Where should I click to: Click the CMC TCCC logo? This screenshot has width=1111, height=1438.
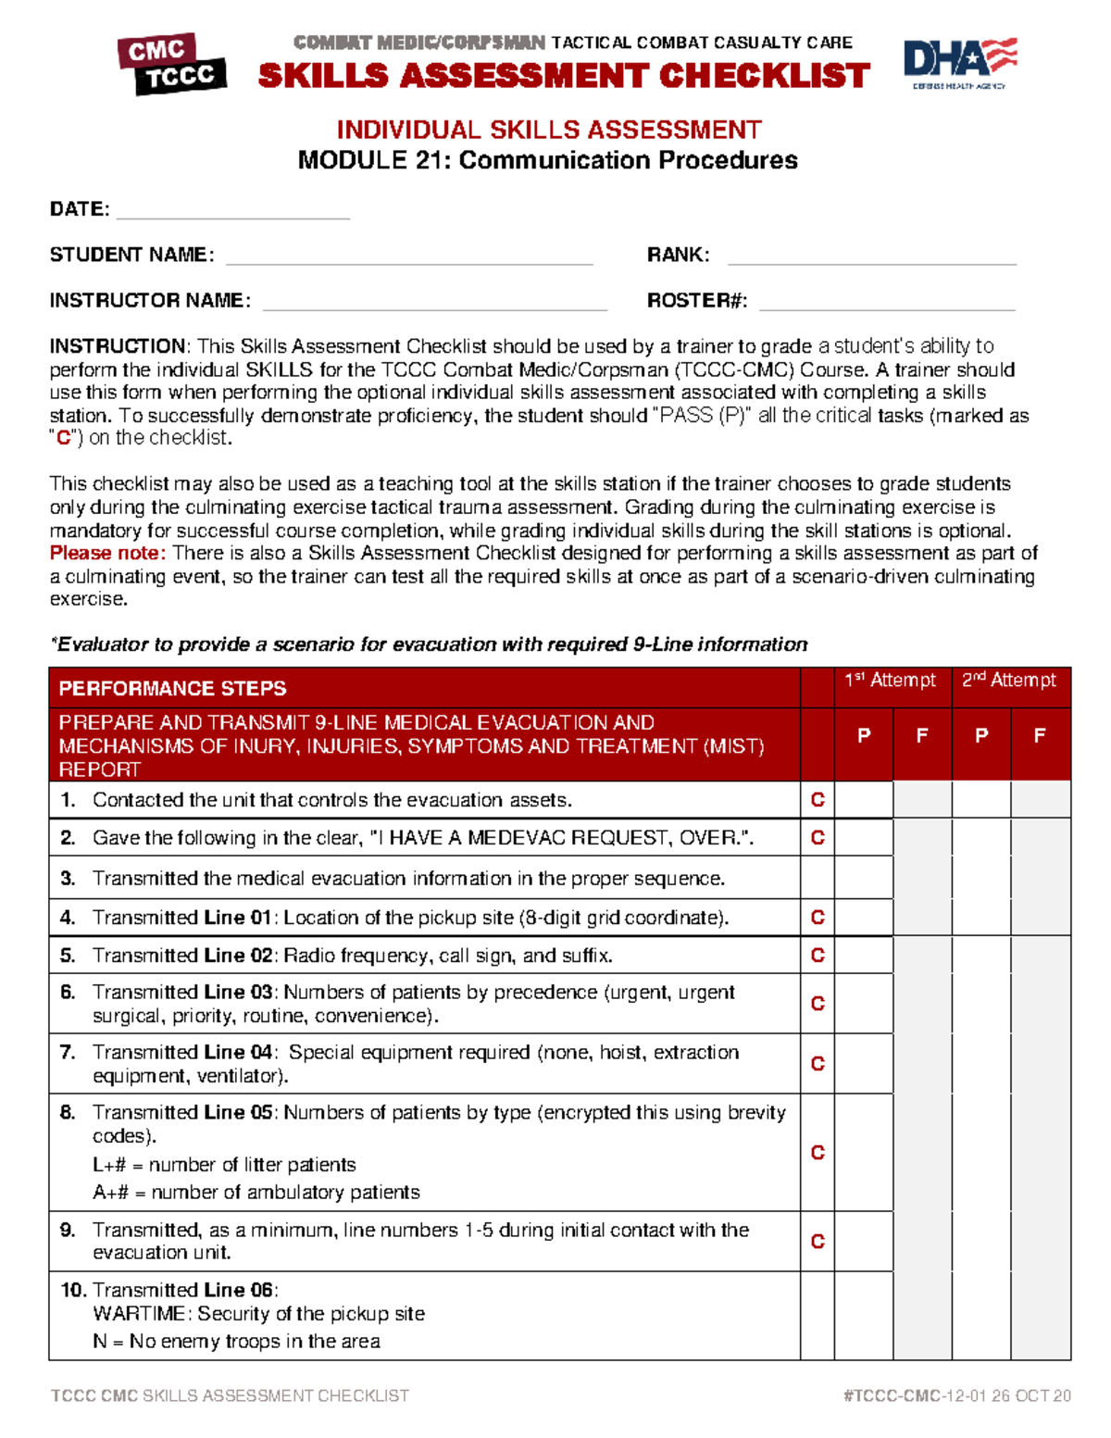tap(172, 64)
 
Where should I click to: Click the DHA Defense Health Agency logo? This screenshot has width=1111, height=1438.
tap(959, 63)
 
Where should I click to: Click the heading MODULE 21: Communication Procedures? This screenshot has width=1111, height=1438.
tap(547, 160)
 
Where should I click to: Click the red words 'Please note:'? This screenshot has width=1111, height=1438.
tap(107, 553)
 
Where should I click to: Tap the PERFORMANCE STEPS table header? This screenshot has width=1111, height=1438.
tap(173, 688)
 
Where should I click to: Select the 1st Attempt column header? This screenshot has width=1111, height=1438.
tap(890, 681)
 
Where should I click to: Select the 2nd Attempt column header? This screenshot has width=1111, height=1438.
tap(1008, 681)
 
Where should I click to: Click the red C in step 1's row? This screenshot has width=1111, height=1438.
tap(818, 800)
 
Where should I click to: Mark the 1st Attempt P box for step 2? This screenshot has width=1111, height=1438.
tap(863, 838)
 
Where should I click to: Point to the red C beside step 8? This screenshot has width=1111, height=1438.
tap(818, 1153)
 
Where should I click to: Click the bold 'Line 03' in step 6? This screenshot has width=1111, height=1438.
tap(238, 993)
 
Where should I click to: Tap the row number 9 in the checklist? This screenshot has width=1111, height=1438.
tap(68, 1230)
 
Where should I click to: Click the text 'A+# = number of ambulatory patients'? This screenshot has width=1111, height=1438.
tap(256, 1193)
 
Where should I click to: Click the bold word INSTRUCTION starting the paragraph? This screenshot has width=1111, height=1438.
tap(118, 346)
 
